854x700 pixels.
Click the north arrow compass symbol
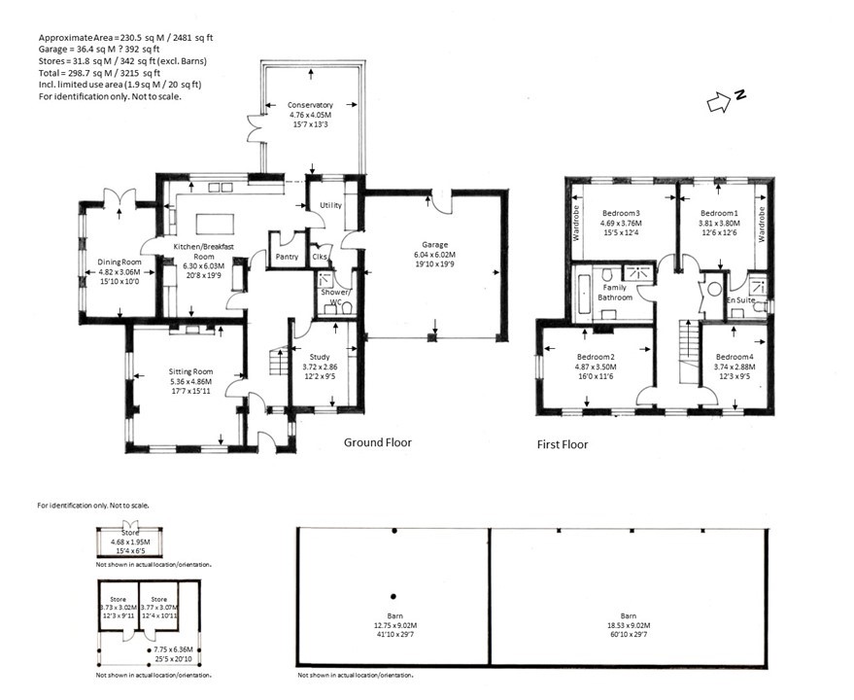click(x=722, y=98)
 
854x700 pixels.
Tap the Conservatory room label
click(x=310, y=104)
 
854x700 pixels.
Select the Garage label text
click(x=432, y=246)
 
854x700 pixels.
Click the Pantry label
click(x=287, y=257)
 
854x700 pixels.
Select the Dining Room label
click(x=120, y=262)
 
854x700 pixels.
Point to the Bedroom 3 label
click(x=621, y=213)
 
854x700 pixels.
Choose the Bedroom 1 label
click(x=720, y=213)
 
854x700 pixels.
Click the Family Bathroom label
click(x=615, y=292)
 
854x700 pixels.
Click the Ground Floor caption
click(x=378, y=442)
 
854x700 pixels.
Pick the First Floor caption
click(x=563, y=444)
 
